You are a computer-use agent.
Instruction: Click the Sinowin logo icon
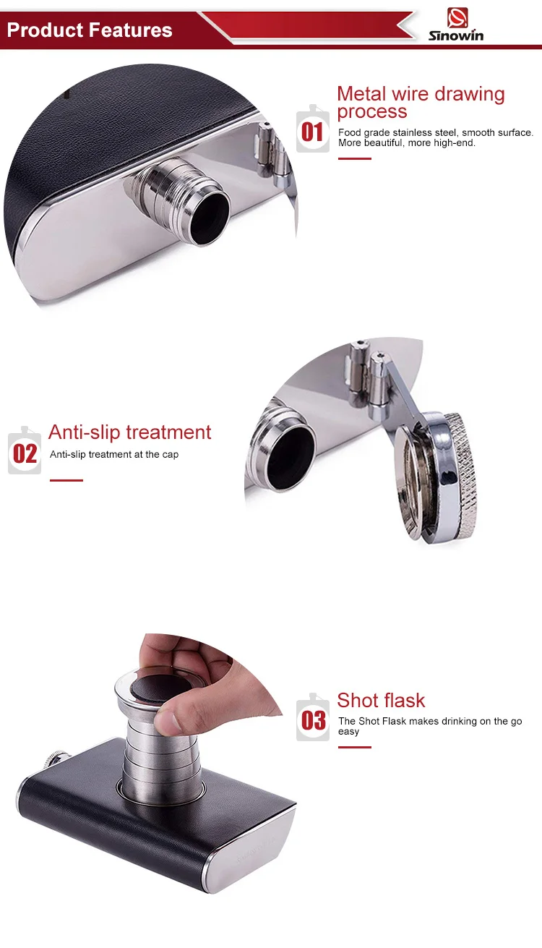(x=457, y=17)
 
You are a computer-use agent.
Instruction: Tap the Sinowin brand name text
(x=456, y=35)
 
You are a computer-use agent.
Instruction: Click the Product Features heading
(x=90, y=30)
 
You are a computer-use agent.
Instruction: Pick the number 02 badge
(x=25, y=453)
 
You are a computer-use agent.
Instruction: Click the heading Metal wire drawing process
(x=420, y=102)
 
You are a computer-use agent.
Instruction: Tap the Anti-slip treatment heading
(x=130, y=432)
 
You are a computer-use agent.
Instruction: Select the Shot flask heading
(x=381, y=700)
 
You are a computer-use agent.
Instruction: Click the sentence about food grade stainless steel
(x=436, y=137)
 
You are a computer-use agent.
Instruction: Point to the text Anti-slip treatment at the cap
(x=114, y=455)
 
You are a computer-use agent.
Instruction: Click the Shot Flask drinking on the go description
(x=429, y=726)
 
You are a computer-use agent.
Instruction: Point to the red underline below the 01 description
(x=354, y=158)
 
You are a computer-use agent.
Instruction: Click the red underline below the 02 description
(x=66, y=480)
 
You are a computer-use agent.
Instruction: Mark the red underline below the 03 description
(x=354, y=747)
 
